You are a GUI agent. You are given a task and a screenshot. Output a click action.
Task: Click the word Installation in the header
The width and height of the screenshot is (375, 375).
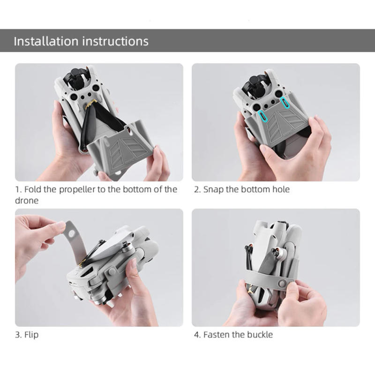[x=46, y=41]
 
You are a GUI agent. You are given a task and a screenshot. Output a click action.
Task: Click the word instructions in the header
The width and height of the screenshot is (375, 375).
[x=115, y=41]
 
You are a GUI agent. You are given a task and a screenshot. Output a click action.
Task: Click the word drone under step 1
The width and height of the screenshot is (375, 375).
[x=26, y=200]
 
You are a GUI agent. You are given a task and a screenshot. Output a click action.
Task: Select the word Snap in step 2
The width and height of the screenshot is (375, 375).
[x=214, y=189]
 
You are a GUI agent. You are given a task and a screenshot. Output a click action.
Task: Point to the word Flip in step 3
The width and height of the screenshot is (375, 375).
[x=31, y=335]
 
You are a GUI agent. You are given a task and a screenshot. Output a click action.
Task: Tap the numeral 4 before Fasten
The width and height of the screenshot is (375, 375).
[x=196, y=335]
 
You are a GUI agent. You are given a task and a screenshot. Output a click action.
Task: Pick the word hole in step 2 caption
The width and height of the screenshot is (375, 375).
[x=281, y=189]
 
